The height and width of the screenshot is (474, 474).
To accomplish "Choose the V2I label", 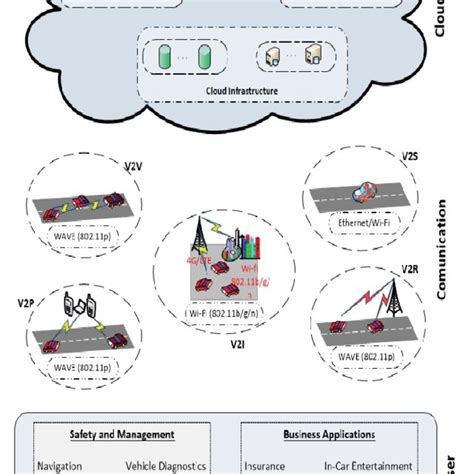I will tap(236, 343).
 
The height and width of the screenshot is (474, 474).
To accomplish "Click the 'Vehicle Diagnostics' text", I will tap(166, 465).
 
